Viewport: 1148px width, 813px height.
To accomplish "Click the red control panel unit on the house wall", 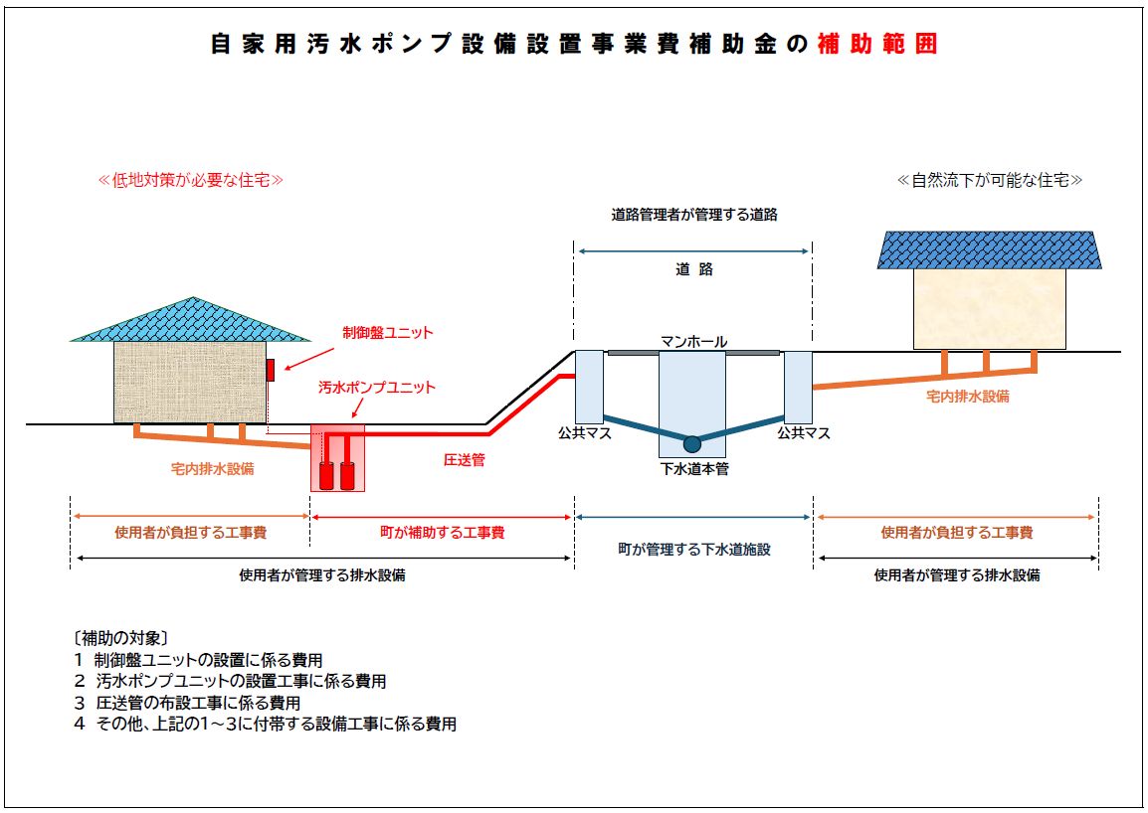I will click(x=270, y=369).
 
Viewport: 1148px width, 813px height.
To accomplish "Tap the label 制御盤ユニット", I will click(x=388, y=333).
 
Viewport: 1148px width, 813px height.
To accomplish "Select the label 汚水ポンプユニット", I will click(x=377, y=388).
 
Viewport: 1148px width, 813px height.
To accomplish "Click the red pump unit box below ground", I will click(x=337, y=458).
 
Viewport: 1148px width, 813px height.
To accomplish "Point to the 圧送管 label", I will click(x=464, y=460).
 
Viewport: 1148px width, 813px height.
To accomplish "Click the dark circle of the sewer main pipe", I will click(x=691, y=444).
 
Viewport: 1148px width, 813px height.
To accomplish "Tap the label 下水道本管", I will click(x=694, y=469).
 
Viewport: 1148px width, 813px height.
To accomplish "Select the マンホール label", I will click(x=693, y=342).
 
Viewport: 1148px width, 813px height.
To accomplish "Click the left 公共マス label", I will click(x=584, y=433).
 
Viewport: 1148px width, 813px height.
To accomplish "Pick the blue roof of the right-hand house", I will click(x=990, y=249).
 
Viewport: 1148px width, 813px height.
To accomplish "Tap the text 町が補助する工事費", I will click(x=443, y=533).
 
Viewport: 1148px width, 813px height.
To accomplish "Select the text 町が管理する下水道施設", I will click(x=694, y=549).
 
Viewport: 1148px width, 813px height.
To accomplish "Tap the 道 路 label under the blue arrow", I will click(x=694, y=269).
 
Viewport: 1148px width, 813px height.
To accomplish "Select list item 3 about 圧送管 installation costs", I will click(x=187, y=703).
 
